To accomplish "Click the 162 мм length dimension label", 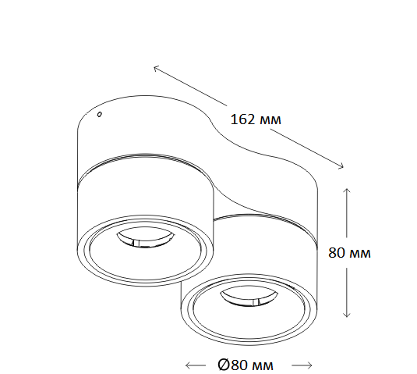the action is (256, 119).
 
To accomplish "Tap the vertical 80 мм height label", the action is (349, 252).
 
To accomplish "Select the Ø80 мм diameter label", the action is (246, 365).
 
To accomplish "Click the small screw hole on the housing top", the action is (100, 114).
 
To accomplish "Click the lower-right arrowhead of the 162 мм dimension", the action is (341, 166).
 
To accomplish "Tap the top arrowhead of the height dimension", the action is (347, 191).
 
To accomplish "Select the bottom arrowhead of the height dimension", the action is (347, 315).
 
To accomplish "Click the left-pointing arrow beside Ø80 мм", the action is (196, 365).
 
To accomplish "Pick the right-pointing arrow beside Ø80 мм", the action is (302, 365).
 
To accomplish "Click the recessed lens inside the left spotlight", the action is (145, 238).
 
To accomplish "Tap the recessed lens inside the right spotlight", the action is (249, 298).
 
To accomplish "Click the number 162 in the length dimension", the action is (242, 119).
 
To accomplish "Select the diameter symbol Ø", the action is (224, 365).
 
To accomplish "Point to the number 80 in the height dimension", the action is (337, 252).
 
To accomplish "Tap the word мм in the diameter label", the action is (262, 366).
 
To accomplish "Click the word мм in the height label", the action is (359, 254).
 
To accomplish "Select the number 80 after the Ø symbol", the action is (239, 365).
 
